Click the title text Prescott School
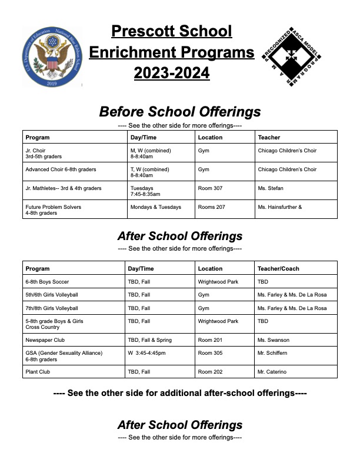coord(172,31)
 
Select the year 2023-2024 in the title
coord(172,74)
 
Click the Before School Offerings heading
coord(179,111)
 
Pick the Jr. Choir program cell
coord(44,154)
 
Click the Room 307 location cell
coord(210,188)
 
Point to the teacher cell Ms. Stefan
coord(271,188)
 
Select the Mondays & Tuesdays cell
coord(156,207)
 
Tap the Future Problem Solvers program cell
coord(53,210)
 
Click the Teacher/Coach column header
coord(278,268)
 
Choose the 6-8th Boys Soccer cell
coord(47,282)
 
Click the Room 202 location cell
coord(210,372)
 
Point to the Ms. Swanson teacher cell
coord(271,339)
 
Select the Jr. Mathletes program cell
coord(64,188)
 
